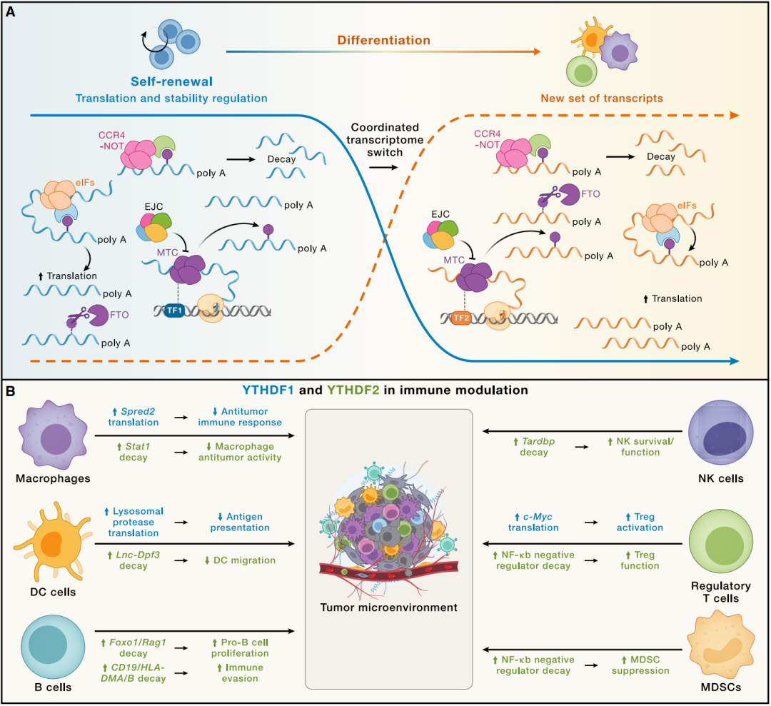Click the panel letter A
point(11,11)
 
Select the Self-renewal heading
point(171,82)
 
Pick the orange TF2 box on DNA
point(460,319)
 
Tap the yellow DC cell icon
point(49,543)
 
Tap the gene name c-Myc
point(534,517)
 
